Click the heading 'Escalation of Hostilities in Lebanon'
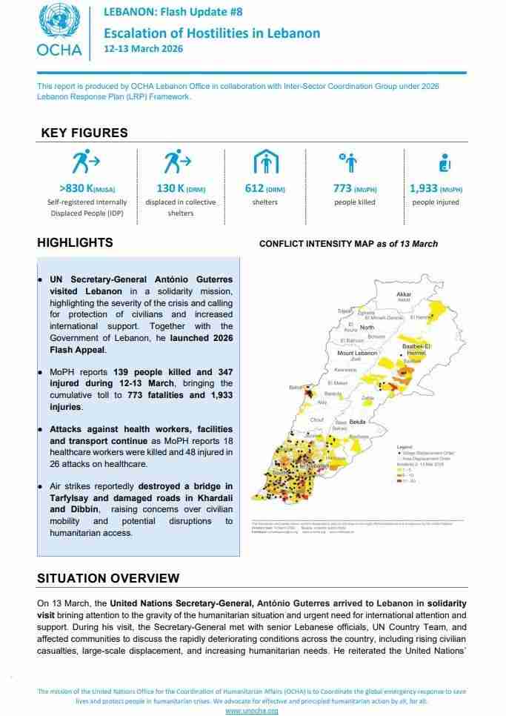point(212,33)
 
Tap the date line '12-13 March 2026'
point(143,49)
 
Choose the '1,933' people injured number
point(427,188)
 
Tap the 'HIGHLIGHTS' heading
point(75,242)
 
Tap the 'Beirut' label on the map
point(296,387)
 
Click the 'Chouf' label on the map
point(316,420)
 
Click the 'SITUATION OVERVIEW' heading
point(108,578)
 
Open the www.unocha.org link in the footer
point(252,711)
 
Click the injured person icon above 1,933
point(445,161)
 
